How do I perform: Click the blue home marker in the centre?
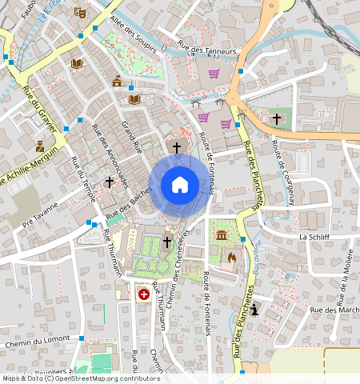(x=180, y=186)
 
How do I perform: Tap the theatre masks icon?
(x=78, y=13)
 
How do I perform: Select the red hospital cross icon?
(x=144, y=294)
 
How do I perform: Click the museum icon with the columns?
(x=220, y=237)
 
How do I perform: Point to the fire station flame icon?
(x=232, y=258)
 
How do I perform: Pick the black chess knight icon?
(x=255, y=310)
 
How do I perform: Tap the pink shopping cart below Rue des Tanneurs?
(x=214, y=74)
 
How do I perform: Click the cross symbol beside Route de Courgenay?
(x=277, y=118)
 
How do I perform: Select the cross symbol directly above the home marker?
(x=177, y=147)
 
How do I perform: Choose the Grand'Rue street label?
(x=131, y=137)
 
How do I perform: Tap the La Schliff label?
(x=314, y=238)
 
